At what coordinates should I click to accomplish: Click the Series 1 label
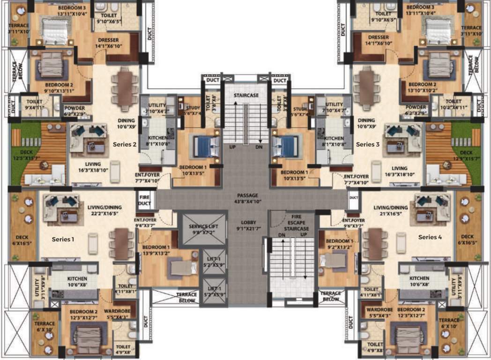click(63, 239)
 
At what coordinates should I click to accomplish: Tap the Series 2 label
click(125, 144)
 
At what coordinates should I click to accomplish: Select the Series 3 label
click(368, 144)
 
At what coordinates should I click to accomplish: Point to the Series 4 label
click(430, 237)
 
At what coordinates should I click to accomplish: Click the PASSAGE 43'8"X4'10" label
click(247, 198)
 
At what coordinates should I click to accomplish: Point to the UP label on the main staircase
click(231, 147)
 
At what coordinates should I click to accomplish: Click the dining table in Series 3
click(366, 89)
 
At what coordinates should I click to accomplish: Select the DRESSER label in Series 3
click(378, 40)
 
